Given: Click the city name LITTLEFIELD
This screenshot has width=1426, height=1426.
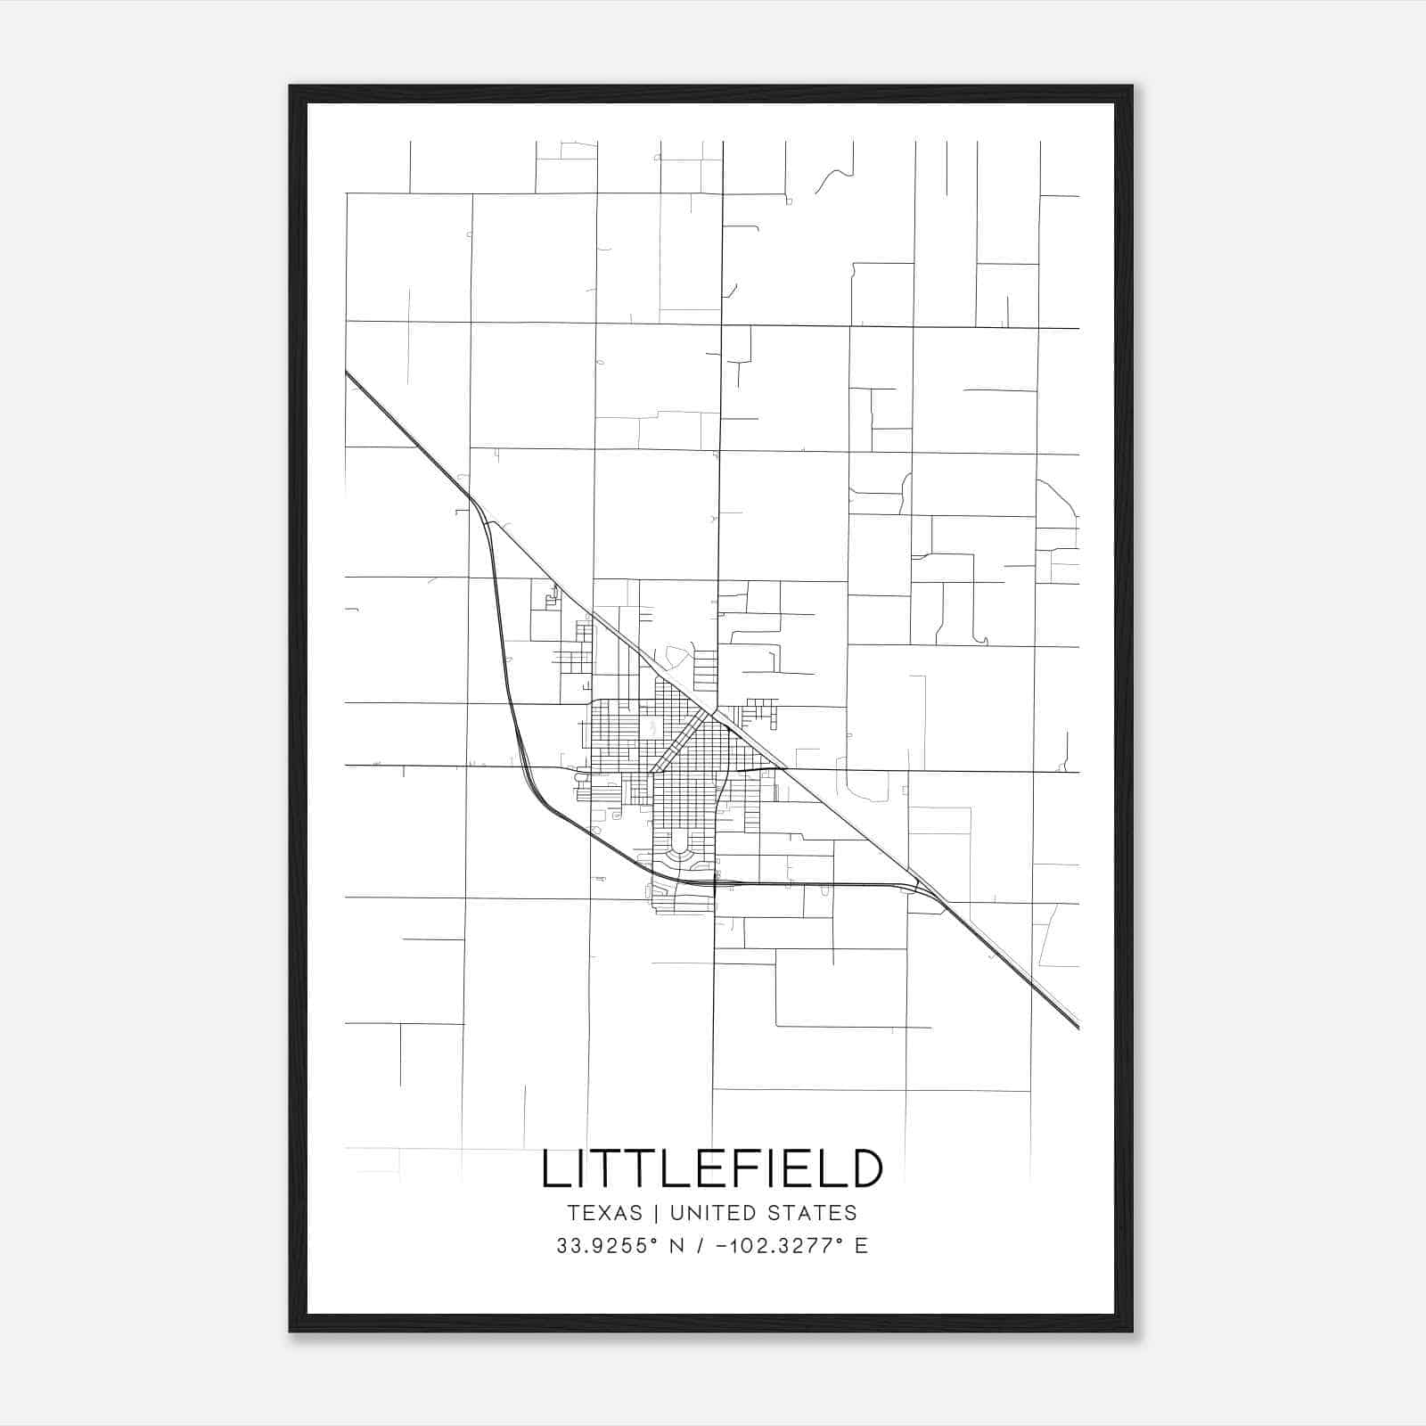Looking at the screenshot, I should (x=712, y=1168).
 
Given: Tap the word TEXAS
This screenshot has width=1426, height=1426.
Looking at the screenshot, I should (x=603, y=1213).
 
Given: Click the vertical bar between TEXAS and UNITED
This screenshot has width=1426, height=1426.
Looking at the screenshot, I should (x=656, y=1213).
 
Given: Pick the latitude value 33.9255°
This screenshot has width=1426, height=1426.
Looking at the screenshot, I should (x=606, y=1246).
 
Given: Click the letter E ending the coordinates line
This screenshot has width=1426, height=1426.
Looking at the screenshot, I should (x=861, y=1246).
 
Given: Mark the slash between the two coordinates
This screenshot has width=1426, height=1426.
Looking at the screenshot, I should (x=709, y=1246).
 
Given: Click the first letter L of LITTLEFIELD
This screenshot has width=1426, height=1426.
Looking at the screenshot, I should (x=554, y=1168).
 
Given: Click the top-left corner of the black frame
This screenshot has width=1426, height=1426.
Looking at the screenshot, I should (x=291, y=87).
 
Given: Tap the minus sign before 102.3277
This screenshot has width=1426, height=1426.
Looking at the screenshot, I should (x=722, y=1246).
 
